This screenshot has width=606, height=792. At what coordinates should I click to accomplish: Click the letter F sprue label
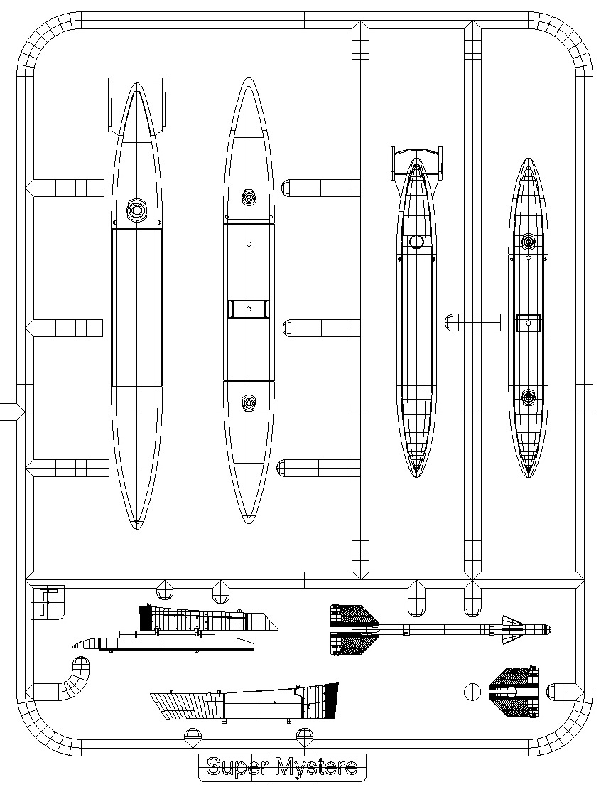point(48,602)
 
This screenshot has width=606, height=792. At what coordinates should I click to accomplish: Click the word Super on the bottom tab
point(237,767)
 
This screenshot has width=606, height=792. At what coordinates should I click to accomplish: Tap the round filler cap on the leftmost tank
point(136,208)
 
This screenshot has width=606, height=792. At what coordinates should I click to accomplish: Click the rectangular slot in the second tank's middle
point(249,309)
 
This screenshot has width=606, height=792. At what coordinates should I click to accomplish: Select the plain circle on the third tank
point(416,242)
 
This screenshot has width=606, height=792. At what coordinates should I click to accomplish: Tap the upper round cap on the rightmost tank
point(529,242)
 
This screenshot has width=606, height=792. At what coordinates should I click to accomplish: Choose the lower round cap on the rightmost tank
point(529,397)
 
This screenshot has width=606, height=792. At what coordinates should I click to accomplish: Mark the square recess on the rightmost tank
point(529,323)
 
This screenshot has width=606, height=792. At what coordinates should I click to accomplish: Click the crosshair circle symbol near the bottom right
point(472,692)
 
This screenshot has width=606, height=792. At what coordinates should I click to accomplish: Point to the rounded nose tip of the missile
point(549,630)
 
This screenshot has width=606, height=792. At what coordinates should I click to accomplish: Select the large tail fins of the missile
point(355,630)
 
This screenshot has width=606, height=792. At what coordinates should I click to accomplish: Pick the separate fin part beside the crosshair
point(514,692)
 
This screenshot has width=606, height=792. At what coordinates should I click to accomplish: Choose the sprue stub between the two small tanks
point(472,322)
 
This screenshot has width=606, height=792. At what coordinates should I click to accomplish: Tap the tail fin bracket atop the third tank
point(416,164)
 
